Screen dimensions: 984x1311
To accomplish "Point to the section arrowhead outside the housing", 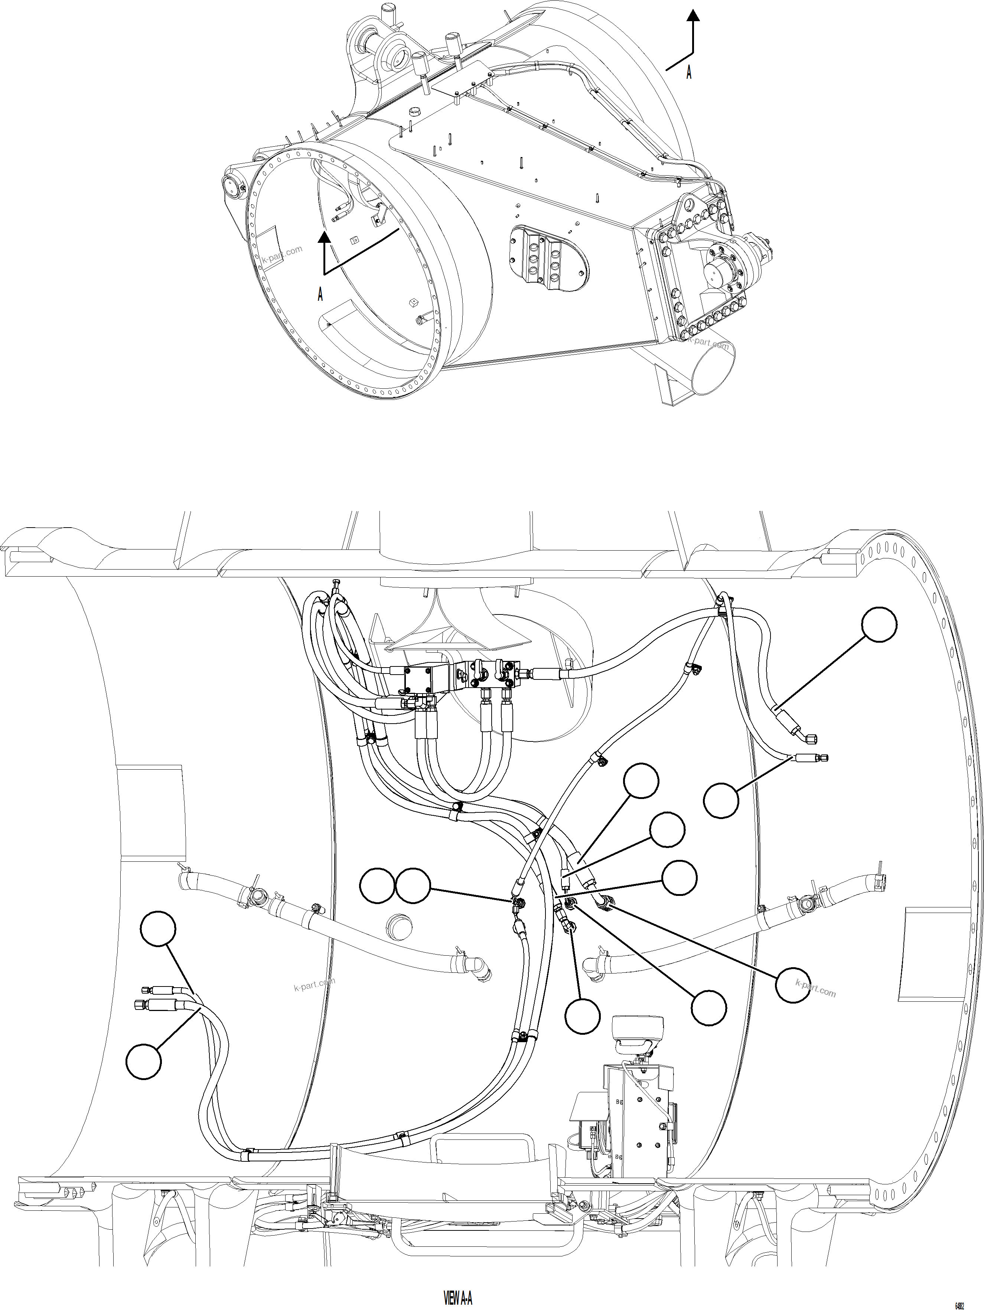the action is [693, 16].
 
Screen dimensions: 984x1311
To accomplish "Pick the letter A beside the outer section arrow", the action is [689, 72].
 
